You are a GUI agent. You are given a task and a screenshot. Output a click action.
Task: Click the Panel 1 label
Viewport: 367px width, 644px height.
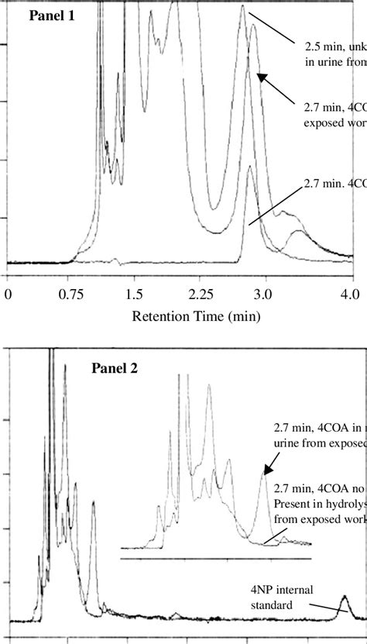tap(53, 15)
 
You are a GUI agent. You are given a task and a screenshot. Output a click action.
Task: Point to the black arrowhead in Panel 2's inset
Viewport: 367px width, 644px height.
tap(268, 469)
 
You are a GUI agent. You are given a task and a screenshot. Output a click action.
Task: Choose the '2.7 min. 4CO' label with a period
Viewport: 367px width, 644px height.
tap(334, 184)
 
